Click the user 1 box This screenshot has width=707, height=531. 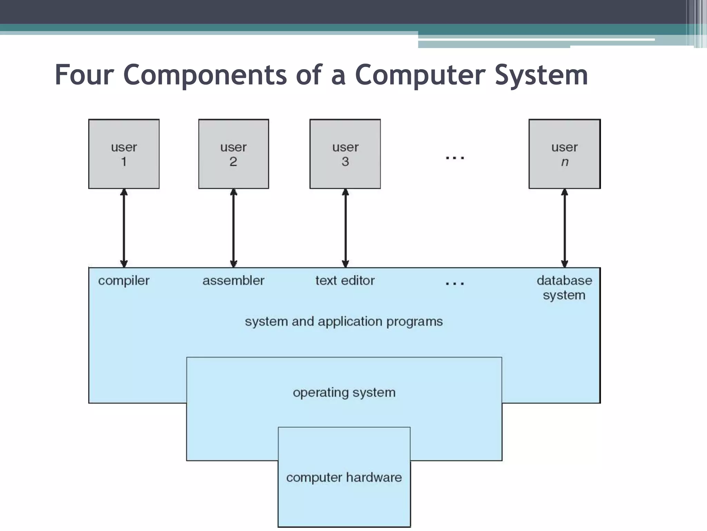(124, 154)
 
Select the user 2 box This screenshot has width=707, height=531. (233, 154)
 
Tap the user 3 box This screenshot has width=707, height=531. (345, 154)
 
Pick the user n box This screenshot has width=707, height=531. (564, 154)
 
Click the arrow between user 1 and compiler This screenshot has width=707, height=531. (124, 228)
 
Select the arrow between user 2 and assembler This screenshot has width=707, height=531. (234, 228)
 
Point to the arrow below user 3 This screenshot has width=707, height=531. (345, 228)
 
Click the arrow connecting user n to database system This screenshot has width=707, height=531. (564, 228)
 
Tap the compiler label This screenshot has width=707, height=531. (124, 281)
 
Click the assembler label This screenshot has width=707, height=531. (233, 280)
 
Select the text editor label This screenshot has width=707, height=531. (345, 280)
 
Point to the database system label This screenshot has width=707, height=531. (564, 288)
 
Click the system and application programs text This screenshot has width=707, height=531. (344, 322)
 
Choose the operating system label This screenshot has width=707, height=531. (344, 393)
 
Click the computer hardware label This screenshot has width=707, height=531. (344, 477)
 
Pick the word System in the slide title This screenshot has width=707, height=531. (541, 75)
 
